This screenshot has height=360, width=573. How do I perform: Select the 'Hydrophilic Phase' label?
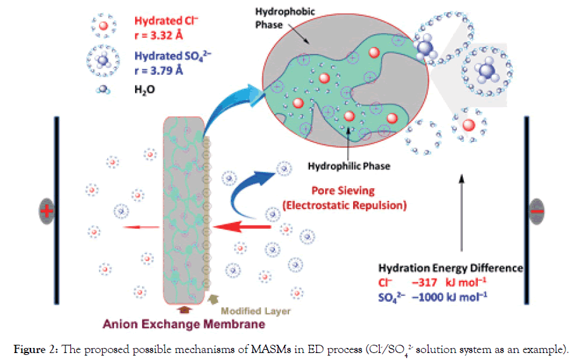point(349,167)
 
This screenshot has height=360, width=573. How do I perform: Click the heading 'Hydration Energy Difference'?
point(450,267)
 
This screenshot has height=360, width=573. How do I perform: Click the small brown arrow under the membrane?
point(183,310)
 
